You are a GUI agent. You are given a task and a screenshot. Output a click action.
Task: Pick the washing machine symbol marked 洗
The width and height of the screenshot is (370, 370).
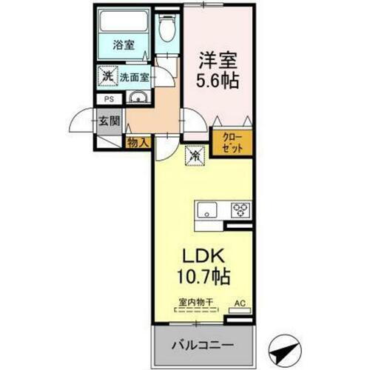click(x=107, y=75)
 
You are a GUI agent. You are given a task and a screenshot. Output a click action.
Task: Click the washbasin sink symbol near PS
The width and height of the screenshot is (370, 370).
click(x=138, y=99)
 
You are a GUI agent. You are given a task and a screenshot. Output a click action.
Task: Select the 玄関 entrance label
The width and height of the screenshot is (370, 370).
click(x=110, y=121)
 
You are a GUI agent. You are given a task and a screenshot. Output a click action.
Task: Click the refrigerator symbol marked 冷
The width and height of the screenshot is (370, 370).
click(x=195, y=156)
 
